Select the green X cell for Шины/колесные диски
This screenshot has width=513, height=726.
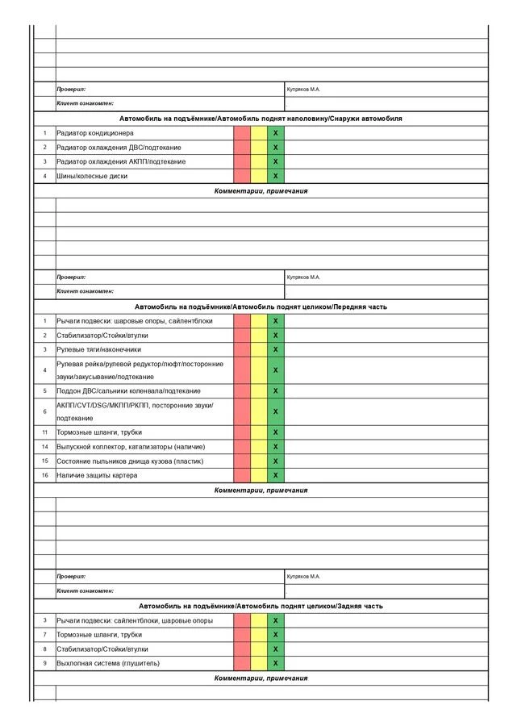coord(276,176)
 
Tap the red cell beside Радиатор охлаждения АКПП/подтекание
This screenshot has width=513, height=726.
coord(242,161)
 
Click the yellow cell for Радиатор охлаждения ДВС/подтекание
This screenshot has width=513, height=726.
coord(259,148)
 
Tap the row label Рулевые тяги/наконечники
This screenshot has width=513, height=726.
coord(98,349)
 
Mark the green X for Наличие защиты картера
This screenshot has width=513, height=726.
coord(276,475)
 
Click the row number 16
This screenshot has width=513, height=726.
coord(45,475)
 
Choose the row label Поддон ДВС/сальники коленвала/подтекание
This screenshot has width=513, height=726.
coord(128,390)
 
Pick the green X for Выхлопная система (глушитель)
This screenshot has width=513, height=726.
coord(276,663)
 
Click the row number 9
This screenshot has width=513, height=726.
coord(45,663)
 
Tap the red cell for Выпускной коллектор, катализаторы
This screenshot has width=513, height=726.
coord(242,447)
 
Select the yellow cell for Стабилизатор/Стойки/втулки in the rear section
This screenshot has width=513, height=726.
coord(259,649)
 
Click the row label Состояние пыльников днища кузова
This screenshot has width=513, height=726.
coord(130,461)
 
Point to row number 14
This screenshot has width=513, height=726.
coord(45,447)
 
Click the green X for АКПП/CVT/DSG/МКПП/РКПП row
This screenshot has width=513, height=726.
coord(276,411)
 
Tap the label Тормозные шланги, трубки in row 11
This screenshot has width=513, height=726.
coord(98,432)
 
